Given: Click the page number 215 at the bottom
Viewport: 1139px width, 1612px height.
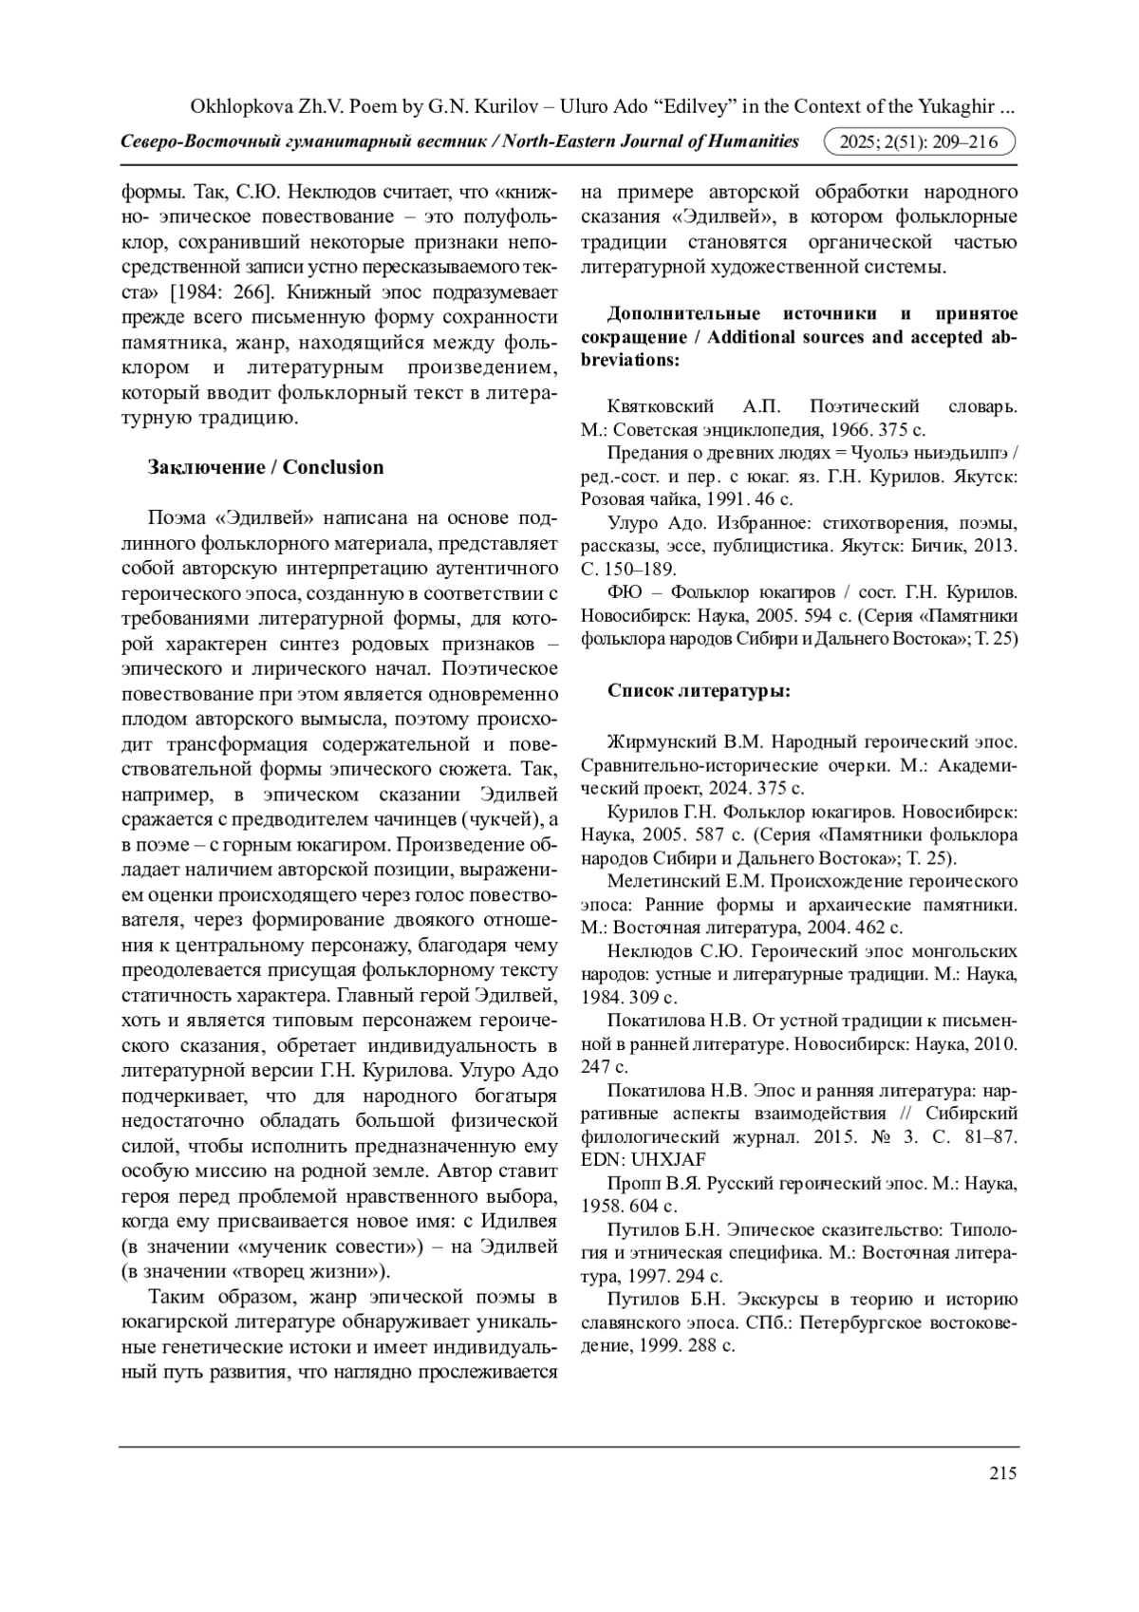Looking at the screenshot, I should [x=1002, y=1473].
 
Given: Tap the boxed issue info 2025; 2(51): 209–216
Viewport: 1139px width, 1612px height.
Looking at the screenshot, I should [x=920, y=142].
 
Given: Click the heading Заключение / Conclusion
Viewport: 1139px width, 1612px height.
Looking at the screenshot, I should [x=266, y=467].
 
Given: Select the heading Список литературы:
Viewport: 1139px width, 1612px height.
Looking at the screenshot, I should [x=699, y=691].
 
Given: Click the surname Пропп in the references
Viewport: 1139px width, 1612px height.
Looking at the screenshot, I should [x=630, y=1184].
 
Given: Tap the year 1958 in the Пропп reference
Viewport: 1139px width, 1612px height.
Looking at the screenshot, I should [x=600, y=1207].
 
